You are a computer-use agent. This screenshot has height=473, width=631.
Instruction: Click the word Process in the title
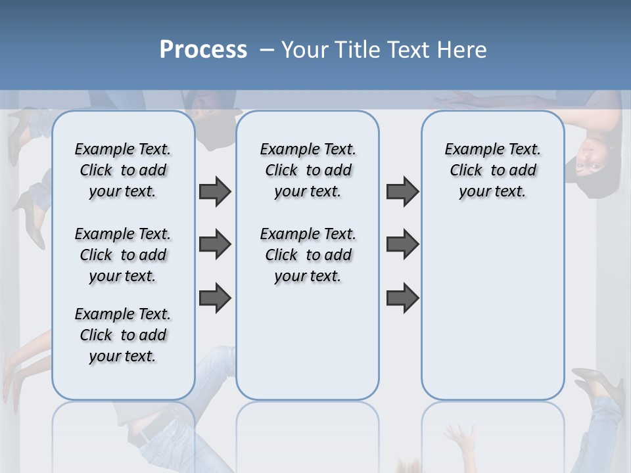click(x=203, y=50)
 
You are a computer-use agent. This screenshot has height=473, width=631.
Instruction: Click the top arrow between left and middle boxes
click(x=215, y=191)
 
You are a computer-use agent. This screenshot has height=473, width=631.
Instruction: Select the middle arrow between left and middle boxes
click(x=215, y=244)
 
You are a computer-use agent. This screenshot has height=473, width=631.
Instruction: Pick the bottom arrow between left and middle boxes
click(x=215, y=298)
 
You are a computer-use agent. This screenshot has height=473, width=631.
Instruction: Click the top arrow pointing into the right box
click(x=402, y=191)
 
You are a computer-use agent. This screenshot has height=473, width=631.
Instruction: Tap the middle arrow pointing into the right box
click(x=402, y=244)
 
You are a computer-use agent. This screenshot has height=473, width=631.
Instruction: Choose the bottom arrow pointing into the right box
click(x=402, y=298)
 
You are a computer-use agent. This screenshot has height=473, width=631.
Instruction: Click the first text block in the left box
click(x=123, y=170)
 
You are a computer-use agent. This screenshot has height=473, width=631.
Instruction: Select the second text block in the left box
click(x=123, y=255)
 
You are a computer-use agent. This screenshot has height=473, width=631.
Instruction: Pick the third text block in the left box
click(x=123, y=335)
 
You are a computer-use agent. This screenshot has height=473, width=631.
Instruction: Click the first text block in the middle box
click(x=308, y=170)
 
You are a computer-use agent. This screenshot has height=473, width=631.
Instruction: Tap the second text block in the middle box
click(x=308, y=255)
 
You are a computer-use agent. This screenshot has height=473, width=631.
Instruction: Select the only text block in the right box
click(x=492, y=170)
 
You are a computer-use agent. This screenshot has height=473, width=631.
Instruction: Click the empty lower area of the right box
click(x=492, y=315)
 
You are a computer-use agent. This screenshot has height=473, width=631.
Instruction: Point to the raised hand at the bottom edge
click(x=460, y=437)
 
